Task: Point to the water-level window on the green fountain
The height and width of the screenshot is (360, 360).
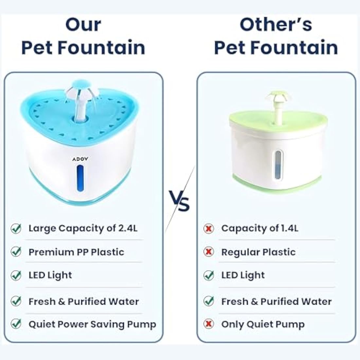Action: [278, 165]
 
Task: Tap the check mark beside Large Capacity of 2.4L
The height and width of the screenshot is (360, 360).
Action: [16, 228]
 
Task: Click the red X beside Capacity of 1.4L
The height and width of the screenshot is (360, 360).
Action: [208, 228]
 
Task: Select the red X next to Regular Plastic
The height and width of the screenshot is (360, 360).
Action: [208, 252]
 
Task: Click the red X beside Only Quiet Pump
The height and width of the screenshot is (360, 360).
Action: [208, 324]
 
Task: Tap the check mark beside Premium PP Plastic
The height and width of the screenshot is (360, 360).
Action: [16, 252]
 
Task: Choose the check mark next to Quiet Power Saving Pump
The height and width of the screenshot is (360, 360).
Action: [16, 324]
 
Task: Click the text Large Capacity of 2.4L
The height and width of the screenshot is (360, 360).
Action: [83, 228]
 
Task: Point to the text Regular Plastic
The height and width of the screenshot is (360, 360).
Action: [258, 252]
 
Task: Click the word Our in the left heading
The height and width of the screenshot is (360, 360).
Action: [83, 25]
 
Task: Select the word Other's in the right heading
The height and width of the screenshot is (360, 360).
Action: [276, 25]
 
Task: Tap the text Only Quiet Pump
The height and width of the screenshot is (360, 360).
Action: [263, 324]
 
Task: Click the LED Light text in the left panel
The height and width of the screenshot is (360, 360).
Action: [50, 275]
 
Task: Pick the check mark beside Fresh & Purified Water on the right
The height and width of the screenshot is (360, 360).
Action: [208, 301]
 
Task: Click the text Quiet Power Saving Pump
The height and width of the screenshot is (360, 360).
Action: [92, 324]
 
